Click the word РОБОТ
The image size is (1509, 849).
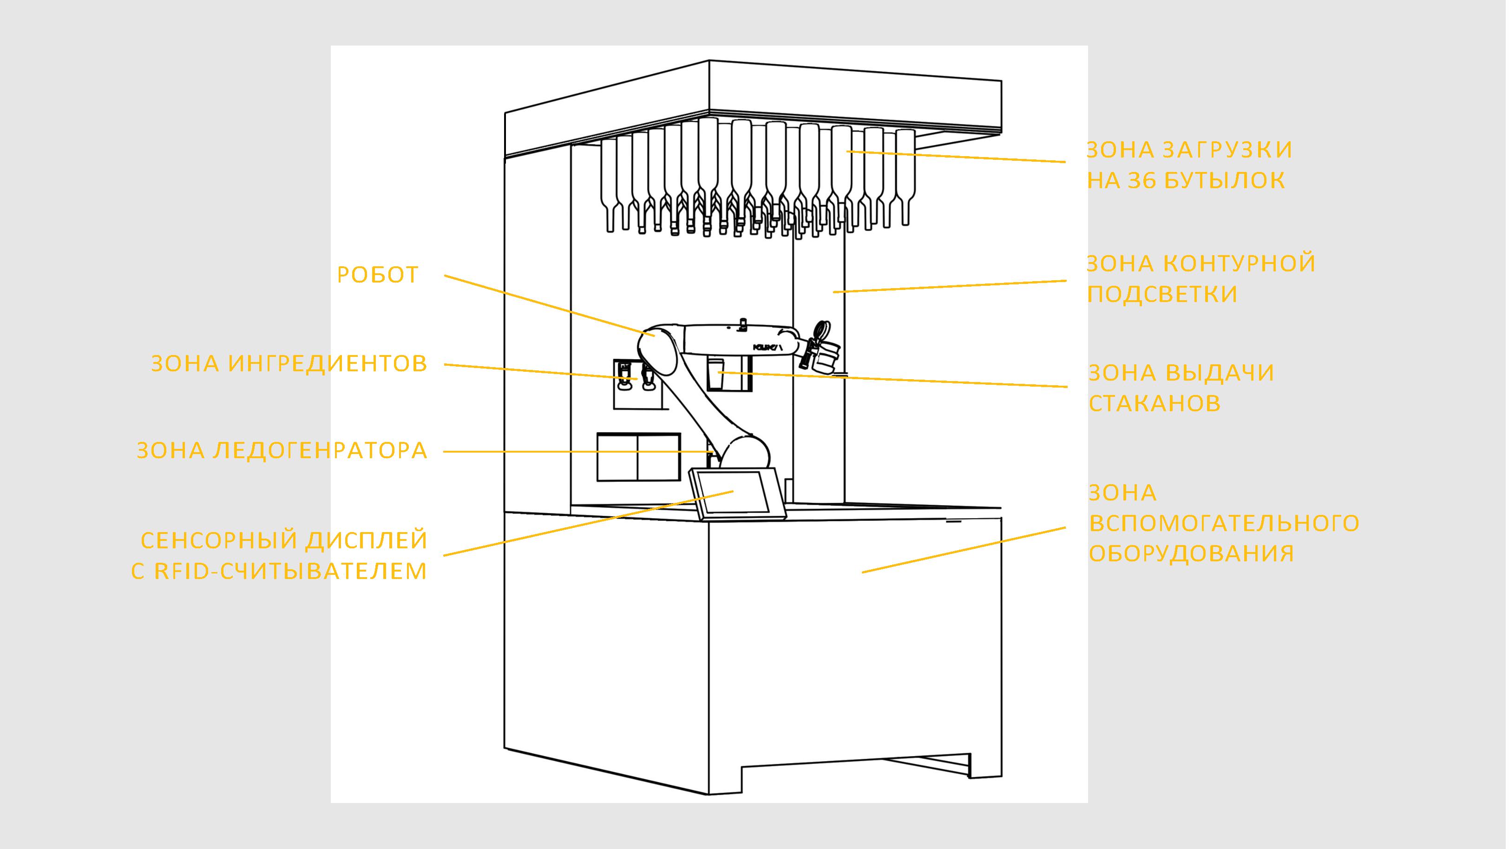tap(378, 275)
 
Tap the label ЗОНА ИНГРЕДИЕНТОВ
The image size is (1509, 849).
tap(289, 364)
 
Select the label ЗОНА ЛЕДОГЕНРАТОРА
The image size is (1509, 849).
tap(282, 451)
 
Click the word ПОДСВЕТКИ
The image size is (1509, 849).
tap(1162, 294)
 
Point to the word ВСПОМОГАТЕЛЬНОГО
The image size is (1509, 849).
tap(1224, 523)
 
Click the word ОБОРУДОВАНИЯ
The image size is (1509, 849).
tap(1191, 554)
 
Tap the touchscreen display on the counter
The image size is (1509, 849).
tap(735, 492)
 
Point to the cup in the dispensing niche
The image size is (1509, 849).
tap(716, 375)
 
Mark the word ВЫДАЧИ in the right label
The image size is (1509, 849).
tap(1219, 373)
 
